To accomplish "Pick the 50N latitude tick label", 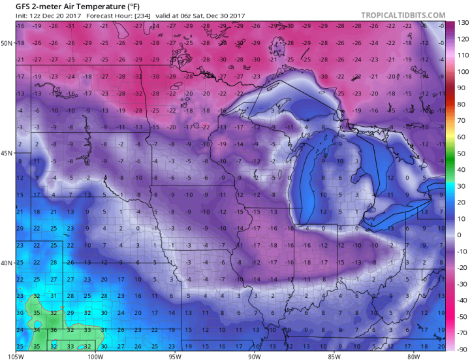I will click(7, 43).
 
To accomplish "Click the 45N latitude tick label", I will click(7, 154).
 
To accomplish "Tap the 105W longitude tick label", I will click(17, 356).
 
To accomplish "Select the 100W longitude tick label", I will click(95, 356).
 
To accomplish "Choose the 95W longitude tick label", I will click(175, 356).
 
